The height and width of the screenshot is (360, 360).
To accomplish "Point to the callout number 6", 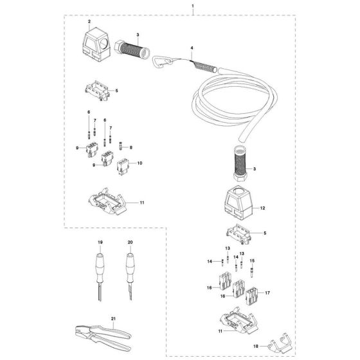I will tap(88, 113).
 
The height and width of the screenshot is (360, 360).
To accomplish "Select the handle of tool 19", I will tap(100, 262).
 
